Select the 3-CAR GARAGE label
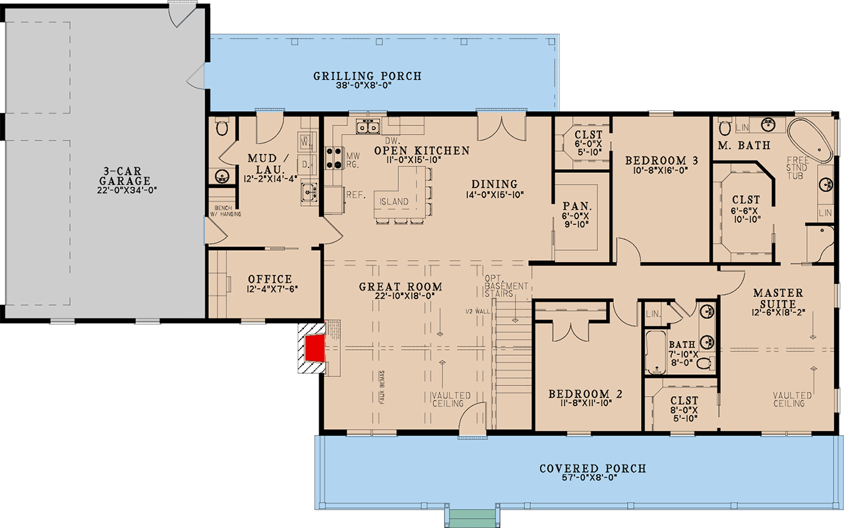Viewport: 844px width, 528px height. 125,175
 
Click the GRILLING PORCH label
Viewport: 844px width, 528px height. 367,77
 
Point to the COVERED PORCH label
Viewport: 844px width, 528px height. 593,469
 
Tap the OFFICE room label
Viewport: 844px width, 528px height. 270,279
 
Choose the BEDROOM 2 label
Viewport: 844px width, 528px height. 586,395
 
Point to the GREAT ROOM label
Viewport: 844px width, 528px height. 400,287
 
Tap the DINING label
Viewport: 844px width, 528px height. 495,184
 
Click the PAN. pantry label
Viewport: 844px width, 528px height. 570,205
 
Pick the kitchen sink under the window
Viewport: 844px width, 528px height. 367,126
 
